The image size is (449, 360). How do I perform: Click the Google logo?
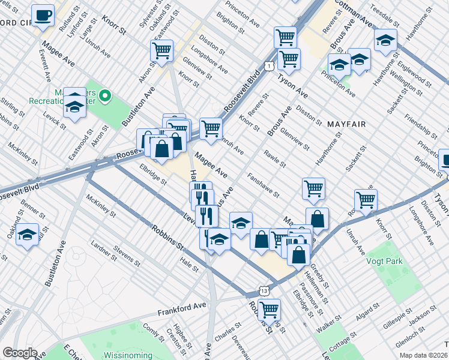click(x=20, y=353)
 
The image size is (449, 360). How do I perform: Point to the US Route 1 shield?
click(x=271, y=64)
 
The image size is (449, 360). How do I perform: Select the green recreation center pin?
click(x=105, y=95)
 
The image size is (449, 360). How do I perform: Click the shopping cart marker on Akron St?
click(x=161, y=50)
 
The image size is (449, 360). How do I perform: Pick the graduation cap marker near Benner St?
click(x=27, y=234)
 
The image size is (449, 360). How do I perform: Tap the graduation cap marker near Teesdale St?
click(x=385, y=40)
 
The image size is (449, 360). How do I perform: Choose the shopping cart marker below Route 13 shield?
click(x=269, y=309)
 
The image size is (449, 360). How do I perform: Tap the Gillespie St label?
click(x=415, y=317)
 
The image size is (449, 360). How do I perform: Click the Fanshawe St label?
click(x=264, y=185)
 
